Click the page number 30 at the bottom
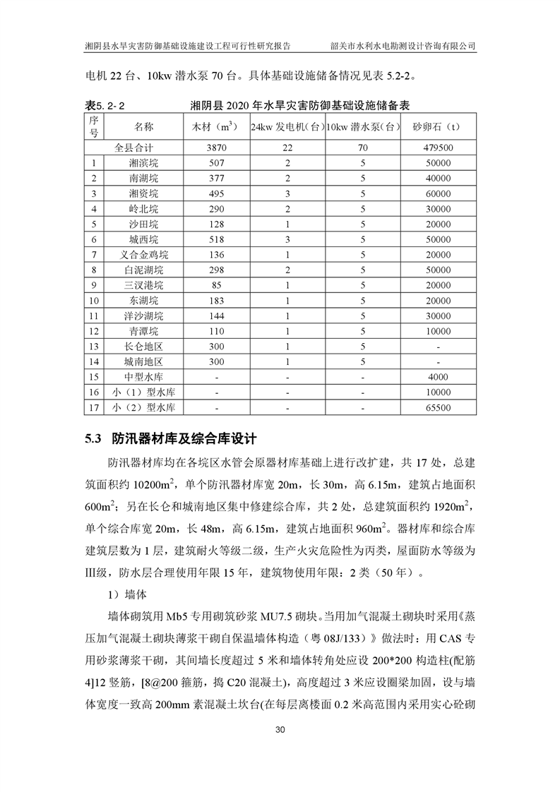280,729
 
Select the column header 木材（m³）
215,127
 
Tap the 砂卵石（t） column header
438,127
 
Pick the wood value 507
216,163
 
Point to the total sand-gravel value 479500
438,148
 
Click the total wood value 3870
216,148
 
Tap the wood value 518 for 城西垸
216,239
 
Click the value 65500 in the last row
438,408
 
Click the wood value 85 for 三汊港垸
216,285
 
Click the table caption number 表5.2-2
105,105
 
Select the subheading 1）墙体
127,594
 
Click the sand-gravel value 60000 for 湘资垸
438,193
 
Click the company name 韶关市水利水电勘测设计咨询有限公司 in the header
403,46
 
